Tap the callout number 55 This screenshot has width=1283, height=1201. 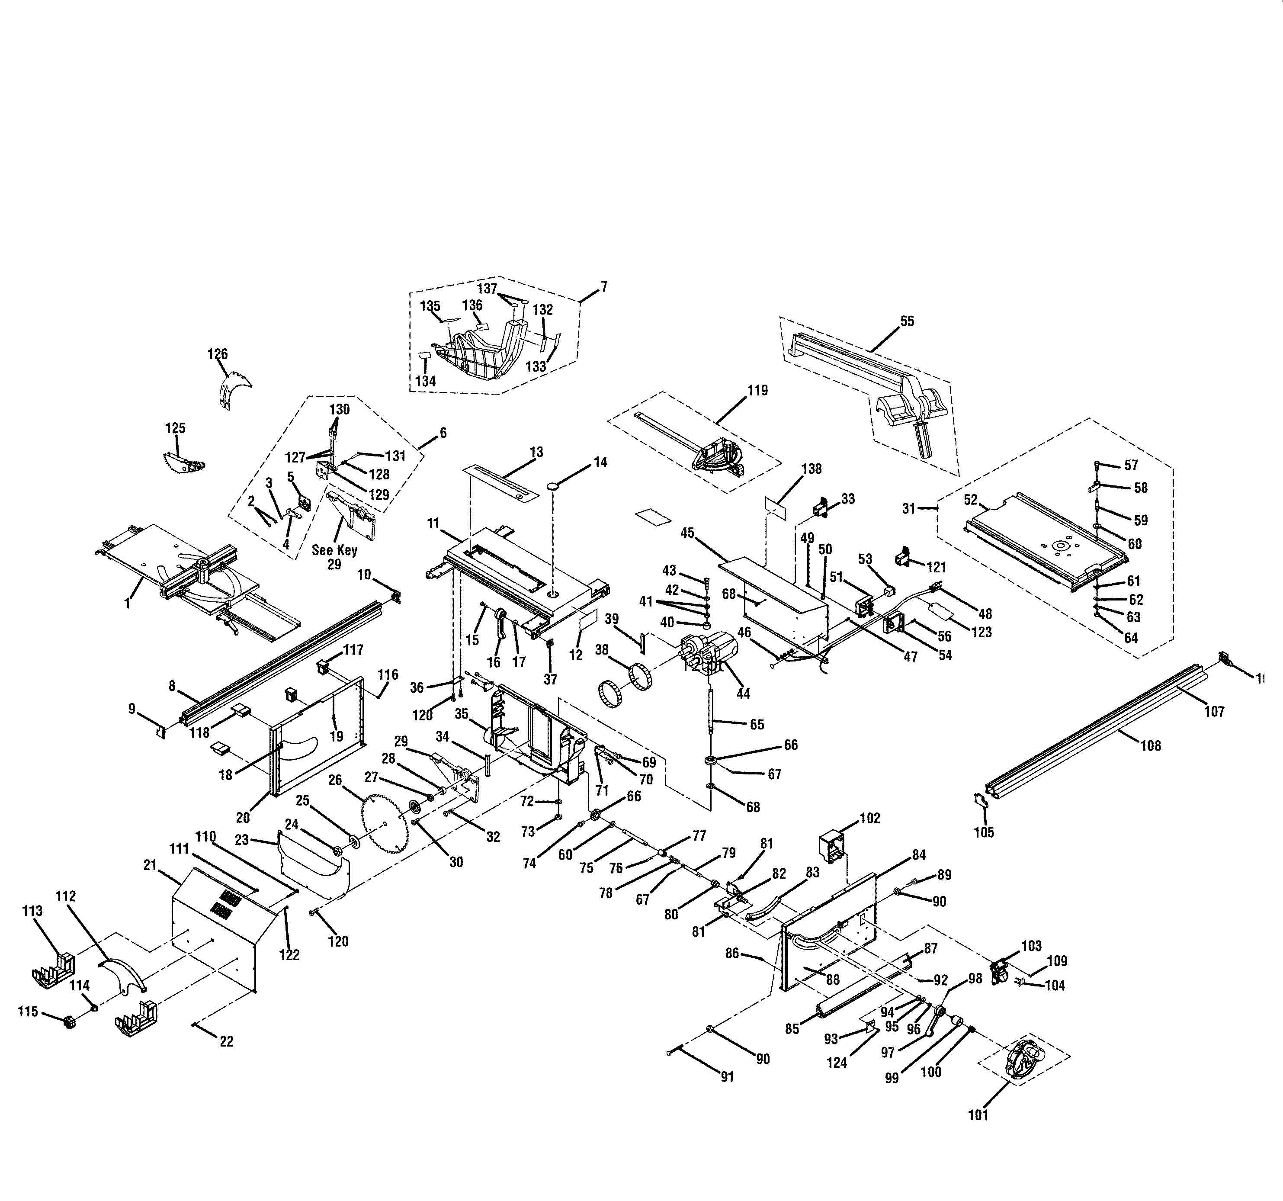pos(907,321)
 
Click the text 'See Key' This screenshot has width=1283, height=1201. pos(334,550)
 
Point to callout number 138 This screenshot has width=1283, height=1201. pos(811,469)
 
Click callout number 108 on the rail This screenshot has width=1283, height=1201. pos(1150,745)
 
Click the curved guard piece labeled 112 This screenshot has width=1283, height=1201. pos(122,973)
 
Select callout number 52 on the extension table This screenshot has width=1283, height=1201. pos(971,500)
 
